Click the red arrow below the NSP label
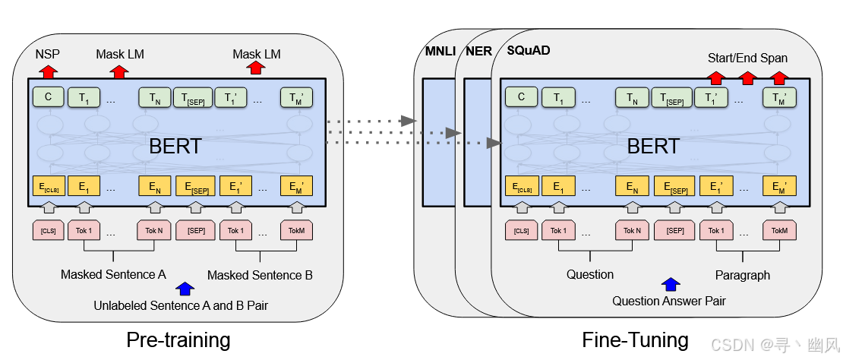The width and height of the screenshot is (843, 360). [48, 71]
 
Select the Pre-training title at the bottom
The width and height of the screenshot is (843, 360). [178, 339]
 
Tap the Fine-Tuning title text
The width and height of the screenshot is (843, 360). [635, 339]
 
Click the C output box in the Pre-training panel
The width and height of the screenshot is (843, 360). [48, 96]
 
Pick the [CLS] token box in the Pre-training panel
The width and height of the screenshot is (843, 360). [48, 230]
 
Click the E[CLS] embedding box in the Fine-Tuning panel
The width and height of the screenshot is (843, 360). [521, 187]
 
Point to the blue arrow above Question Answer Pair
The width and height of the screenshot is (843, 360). [670, 284]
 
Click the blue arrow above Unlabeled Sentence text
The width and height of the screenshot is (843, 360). [185, 289]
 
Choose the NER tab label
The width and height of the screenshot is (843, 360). [479, 51]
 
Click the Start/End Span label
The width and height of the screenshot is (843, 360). [747, 58]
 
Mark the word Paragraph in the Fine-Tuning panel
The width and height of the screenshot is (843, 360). [742, 275]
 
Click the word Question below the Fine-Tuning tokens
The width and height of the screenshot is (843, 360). [590, 274]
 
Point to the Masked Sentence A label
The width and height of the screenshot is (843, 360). [113, 274]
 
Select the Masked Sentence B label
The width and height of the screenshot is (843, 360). [260, 275]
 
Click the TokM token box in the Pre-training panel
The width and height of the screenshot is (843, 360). [296, 230]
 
